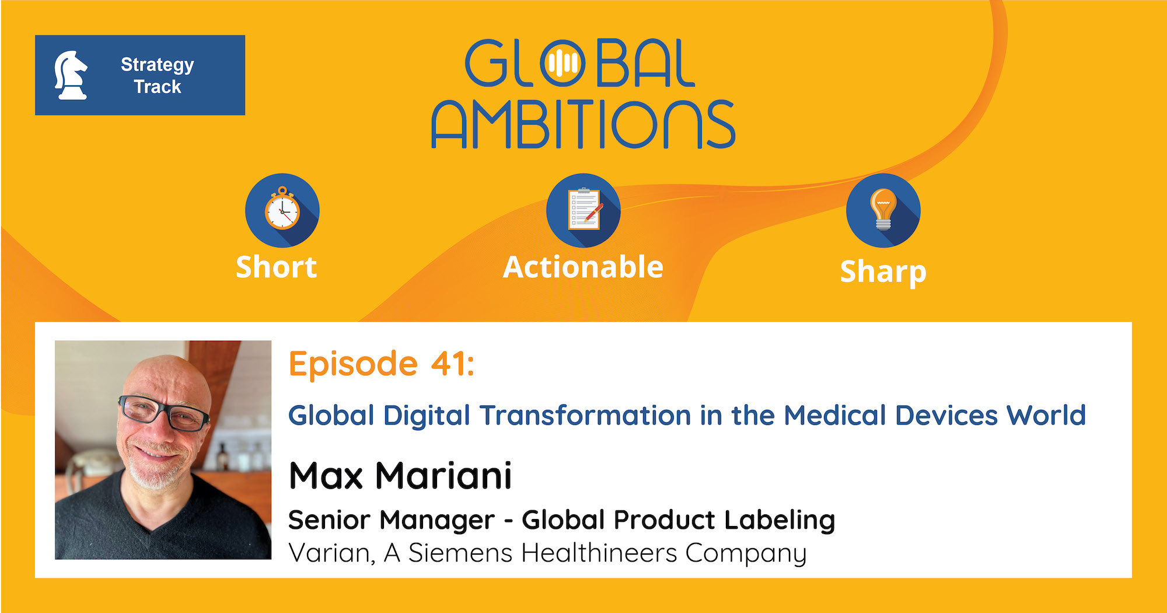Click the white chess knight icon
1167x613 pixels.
[71, 75]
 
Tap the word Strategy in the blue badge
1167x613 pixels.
[157, 65]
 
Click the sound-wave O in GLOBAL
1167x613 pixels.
[562, 63]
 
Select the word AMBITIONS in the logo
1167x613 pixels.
[583, 124]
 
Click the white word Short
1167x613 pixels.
[276, 267]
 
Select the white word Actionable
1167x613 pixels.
[583, 267]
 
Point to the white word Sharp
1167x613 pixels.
[883, 272]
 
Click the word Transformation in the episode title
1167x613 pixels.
[585, 416]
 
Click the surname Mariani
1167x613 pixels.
[443, 475]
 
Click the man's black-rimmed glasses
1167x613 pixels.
[164, 412]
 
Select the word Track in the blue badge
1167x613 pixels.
[158, 87]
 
